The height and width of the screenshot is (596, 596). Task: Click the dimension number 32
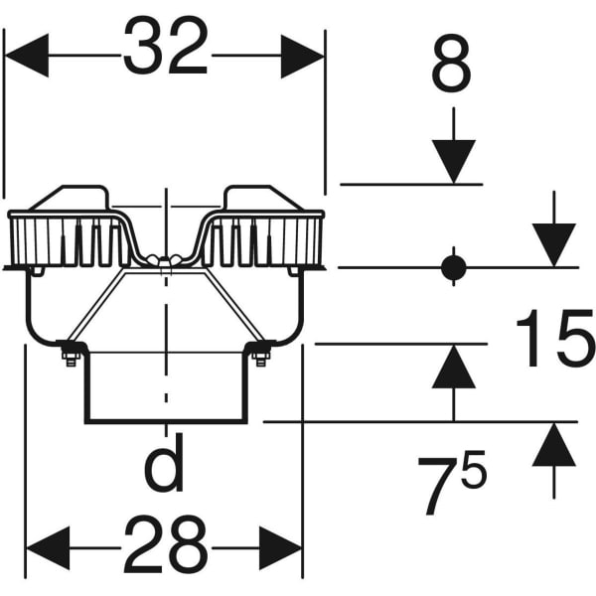tap(165, 46)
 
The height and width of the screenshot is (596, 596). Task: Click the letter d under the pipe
tap(165, 469)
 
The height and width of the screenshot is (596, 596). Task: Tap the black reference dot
tap(454, 267)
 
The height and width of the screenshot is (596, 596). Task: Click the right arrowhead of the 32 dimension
tap(303, 56)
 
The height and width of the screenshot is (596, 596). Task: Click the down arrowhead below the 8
tap(454, 162)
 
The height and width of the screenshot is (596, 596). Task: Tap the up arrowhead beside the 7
tap(554, 445)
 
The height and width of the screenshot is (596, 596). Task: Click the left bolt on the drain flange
tap(71, 353)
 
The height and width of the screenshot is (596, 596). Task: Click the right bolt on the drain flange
tap(261, 353)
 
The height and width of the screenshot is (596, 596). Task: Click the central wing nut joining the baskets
tap(165, 261)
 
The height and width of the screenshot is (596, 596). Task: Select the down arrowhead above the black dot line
tap(554, 245)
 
